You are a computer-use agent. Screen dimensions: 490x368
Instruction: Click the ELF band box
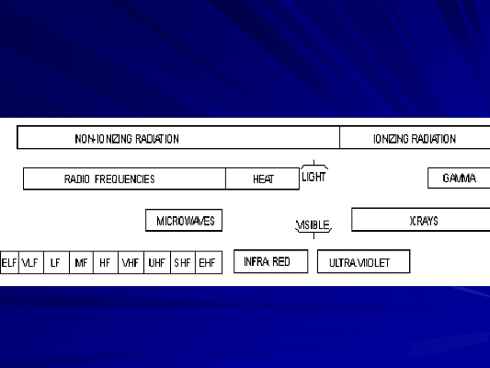(9, 262)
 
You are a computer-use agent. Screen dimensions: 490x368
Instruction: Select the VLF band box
(31, 262)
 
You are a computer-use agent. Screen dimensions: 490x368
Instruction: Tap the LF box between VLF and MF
(57, 262)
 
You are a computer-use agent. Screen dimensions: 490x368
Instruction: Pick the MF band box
(81, 262)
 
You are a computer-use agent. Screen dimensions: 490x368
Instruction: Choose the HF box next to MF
(106, 262)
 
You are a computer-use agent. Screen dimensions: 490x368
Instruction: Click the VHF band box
(131, 262)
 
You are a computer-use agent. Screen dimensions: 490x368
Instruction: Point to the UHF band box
(157, 262)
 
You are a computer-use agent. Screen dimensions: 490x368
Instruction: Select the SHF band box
(183, 262)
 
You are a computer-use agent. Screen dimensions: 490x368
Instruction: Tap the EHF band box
(209, 262)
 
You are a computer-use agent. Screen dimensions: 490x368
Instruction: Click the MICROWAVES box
(184, 221)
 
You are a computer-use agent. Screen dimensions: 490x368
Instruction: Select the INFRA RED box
(271, 261)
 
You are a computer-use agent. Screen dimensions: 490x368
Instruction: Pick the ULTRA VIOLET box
(364, 261)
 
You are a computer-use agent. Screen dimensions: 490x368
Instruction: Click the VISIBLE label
(313, 225)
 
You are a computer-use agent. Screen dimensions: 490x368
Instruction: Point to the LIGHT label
(313, 177)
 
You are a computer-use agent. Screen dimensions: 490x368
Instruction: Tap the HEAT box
(263, 178)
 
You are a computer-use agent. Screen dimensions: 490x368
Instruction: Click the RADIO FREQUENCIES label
(109, 179)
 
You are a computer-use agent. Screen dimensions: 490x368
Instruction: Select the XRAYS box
(421, 220)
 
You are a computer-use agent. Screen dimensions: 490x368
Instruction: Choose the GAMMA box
(459, 178)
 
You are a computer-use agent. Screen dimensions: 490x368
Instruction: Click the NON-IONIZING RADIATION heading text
(127, 139)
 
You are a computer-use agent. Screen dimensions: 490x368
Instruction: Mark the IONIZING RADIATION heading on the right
(415, 139)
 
